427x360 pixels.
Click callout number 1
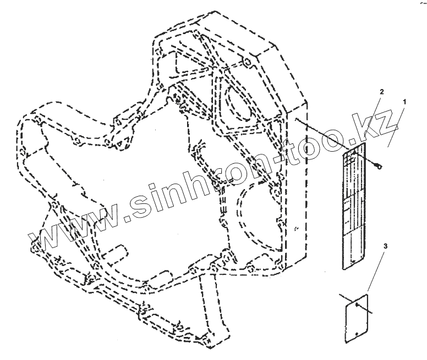tap(404, 102)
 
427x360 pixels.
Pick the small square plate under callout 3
tap(355, 322)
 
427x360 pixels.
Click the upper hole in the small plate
tap(358, 305)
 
